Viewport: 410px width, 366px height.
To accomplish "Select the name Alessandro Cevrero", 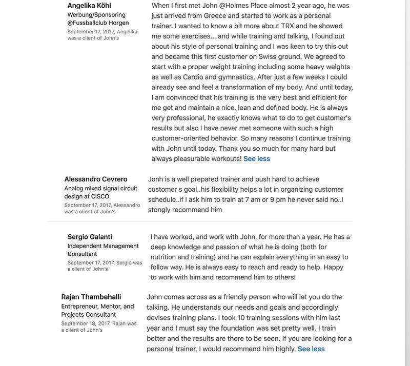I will click(x=96, y=179).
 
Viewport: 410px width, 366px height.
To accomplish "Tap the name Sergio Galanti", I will click(x=90, y=237).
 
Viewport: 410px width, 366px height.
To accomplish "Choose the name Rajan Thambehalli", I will click(x=91, y=297).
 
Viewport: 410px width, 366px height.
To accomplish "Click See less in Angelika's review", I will click(x=257, y=158).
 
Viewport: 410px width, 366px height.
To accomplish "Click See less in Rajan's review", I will click(x=311, y=349).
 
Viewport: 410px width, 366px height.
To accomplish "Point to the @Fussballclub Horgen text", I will click(x=98, y=23).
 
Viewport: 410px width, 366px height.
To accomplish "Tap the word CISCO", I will click(x=100, y=196).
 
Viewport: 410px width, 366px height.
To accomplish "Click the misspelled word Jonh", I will click(x=155, y=179).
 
